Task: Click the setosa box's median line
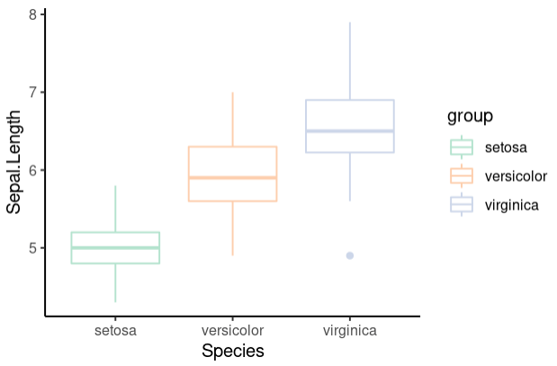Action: click(115, 247)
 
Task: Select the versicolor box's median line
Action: click(232, 178)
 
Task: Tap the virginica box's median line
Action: click(350, 131)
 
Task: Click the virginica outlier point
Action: click(350, 255)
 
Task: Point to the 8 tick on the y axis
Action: click(32, 14)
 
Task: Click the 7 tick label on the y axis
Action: click(32, 93)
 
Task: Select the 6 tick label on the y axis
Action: click(32, 170)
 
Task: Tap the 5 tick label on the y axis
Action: click(32, 248)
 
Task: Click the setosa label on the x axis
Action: click(115, 331)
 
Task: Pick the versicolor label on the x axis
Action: click(232, 331)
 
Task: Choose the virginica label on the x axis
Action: click(350, 331)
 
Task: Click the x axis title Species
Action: click(233, 352)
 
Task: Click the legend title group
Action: click(470, 116)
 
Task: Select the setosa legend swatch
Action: click(462, 147)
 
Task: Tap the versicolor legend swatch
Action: click(462, 175)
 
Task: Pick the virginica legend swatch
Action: click(462, 205)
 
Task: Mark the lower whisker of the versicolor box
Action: click(232, 228)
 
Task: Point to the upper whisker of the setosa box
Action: click(115, 209)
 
